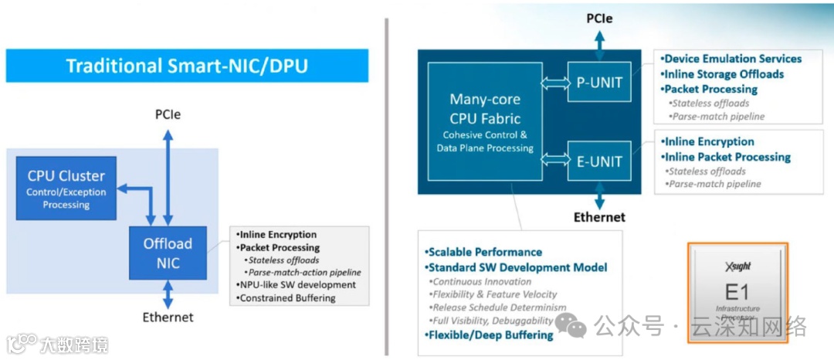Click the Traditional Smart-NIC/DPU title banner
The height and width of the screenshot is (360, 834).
coord(187,66)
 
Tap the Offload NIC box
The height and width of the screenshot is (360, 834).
coord(168,253)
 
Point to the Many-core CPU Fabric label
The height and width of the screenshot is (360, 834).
coord(484,109)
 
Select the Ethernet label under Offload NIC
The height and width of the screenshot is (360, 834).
coord(168,317)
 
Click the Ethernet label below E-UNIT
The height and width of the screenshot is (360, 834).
coord(599,217)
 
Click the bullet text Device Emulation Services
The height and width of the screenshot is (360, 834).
coord(733,59)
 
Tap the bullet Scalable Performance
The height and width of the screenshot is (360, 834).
coord(483,252)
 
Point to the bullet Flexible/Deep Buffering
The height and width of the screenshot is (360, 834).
coord(489,335)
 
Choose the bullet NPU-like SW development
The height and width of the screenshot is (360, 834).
coord(297,284)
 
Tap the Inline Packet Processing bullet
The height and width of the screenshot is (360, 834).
coord(727,157)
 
